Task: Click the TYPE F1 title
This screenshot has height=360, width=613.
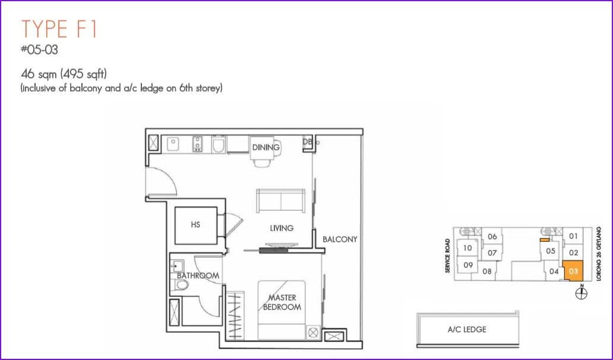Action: click(x=59, y=29)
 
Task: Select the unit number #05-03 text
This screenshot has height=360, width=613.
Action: click(x=39, y=50)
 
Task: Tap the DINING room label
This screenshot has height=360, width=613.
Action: click(x=266, y=147)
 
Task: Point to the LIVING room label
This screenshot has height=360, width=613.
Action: click(x=282, y=228)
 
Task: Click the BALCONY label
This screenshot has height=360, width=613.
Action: click(x=340, y=239)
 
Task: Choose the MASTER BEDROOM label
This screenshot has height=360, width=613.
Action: click(x=282, y=302)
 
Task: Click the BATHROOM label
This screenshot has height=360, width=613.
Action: click(x=198, y=276)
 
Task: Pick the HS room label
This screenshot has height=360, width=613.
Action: click(x=195, y=225)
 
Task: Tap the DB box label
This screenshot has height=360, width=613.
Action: click(x=308, y=142)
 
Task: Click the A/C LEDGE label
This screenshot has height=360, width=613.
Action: click(x=467, y=330)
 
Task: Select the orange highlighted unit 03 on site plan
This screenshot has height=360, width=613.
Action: click(x=574, y=271)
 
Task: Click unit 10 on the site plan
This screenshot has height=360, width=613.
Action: click(x=467, y=248)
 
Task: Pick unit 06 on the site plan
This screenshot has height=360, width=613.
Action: click(x=492, y=236)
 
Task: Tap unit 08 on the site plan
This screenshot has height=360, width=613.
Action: click(x=486, y=271)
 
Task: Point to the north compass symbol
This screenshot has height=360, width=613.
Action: click(x=582, y=293)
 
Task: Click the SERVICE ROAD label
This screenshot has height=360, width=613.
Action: click(x=448, y=255)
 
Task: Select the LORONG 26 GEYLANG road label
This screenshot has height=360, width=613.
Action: click(x=599, y=254)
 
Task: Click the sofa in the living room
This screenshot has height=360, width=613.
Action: click(x=281, y=201)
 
